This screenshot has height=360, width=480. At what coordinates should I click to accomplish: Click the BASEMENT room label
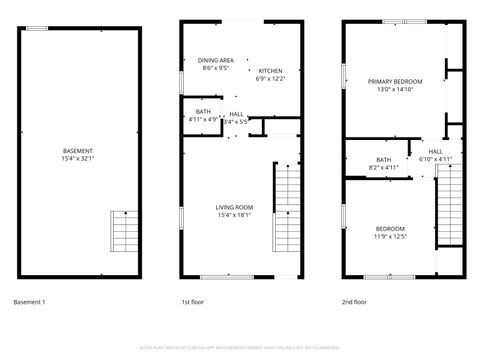(x=77, y=151)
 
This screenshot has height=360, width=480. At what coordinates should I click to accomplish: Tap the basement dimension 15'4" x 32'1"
(x=77, y=158)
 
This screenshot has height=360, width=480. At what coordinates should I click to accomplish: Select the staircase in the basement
(x=126, y=232)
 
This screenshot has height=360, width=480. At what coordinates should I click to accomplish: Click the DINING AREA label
(x=215, y=61)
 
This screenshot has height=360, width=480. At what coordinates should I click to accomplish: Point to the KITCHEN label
(x=270, y=70)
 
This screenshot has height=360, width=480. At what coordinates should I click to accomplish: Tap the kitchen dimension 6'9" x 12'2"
(x=270, y=78)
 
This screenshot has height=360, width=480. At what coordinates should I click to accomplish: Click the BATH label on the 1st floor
(x=203, y=111)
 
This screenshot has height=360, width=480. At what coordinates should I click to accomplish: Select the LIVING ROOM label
(x=234, y=207)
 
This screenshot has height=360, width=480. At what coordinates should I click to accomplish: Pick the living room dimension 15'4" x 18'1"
(x=234, y=215)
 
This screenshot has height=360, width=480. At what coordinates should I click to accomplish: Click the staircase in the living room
(x=287, y=199)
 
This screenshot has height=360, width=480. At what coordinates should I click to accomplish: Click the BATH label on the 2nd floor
(x=384, y=159)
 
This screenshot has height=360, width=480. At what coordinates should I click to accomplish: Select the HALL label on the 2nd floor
(x=435, y=151)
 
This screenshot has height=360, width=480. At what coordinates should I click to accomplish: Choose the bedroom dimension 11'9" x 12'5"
(x=390, y=237)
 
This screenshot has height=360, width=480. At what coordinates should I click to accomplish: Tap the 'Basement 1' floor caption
(x=29, y=301)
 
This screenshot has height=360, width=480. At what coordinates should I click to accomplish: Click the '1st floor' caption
(x=192, y=301)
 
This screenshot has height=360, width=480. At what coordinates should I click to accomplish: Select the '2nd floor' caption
(x=355, y=301)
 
